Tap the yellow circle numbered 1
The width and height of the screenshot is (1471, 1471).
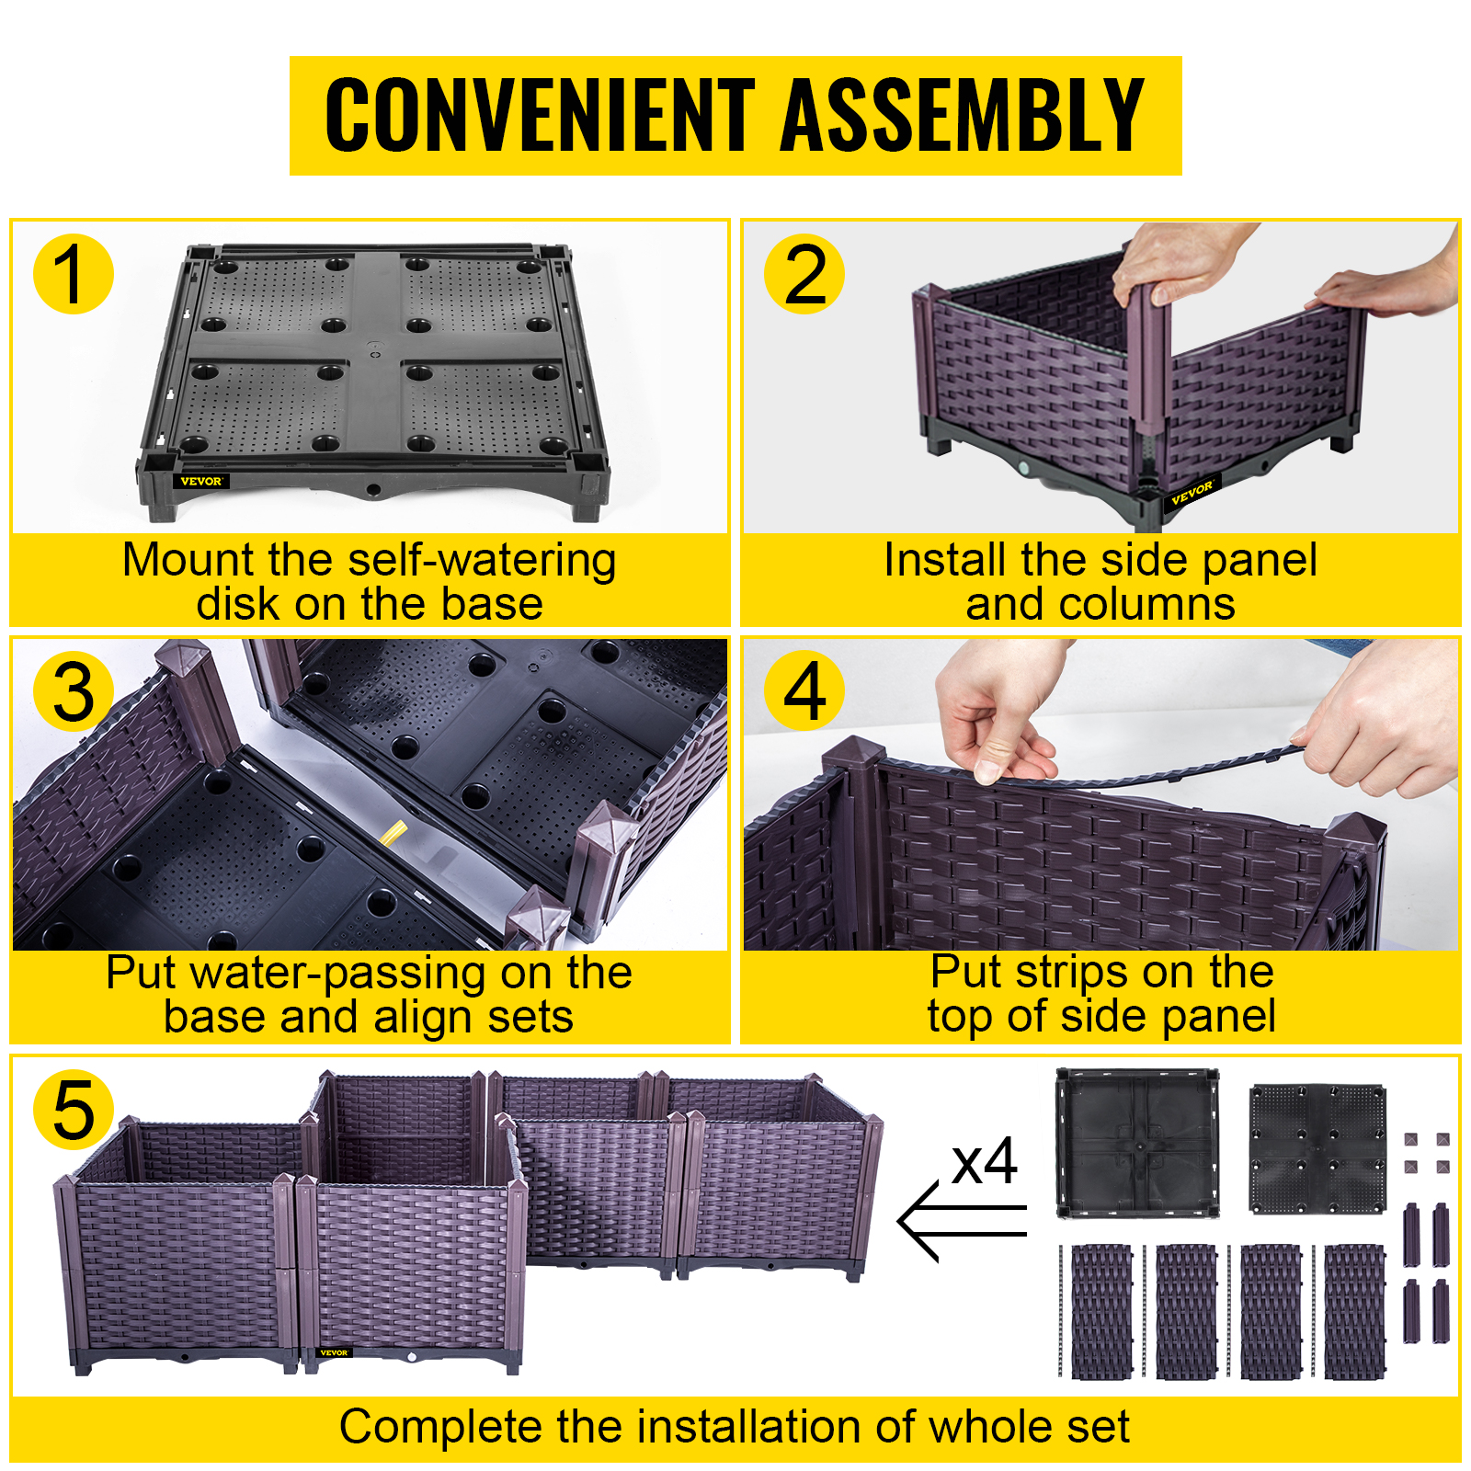pyautogui.click(x=74, y=274)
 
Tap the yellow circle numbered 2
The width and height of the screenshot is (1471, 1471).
pyautogui.click(x=804, y=274)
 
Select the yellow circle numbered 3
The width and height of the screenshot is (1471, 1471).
pyautogui.click(x=74, y=691)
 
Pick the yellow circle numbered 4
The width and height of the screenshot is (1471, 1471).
pyautogui.click(x=804, y=691)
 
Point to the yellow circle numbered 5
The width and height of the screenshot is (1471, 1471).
pyautogui.click(x=74, y=1110)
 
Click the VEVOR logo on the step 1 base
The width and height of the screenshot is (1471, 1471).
pyautogui.click(x=201, y=481)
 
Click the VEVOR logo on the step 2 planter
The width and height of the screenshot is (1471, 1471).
pyautogui.click(x=1192, y=494)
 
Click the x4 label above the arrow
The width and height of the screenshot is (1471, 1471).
pyautogui.click(x=985, y=1163)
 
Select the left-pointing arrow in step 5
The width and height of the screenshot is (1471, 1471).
pyautogui.click(x=961, y=1221)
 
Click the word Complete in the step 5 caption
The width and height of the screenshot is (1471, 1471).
pyautogui.click(x=439, y=1427)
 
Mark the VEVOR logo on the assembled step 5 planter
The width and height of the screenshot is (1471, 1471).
pyautogui.click(x=333, y=1352)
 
